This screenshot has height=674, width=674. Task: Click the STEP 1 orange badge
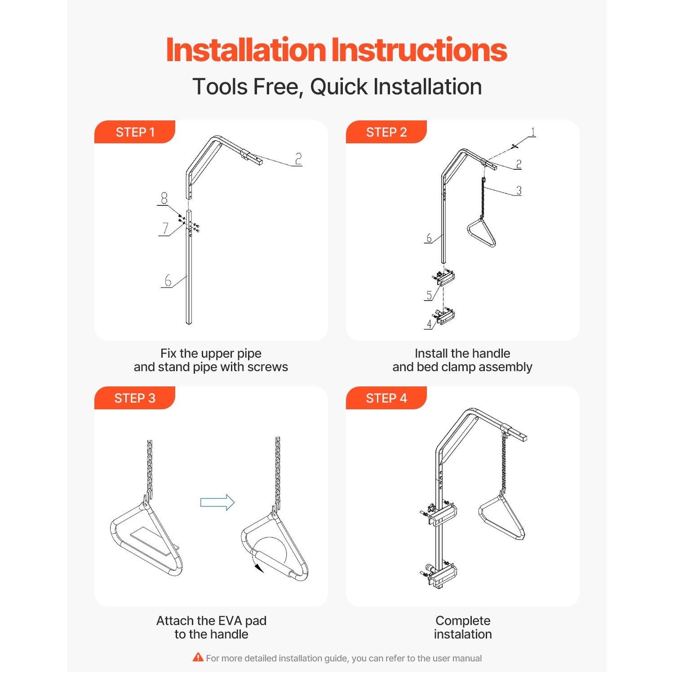135,132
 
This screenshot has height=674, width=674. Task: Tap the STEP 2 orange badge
386,132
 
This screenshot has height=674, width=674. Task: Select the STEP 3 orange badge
135,398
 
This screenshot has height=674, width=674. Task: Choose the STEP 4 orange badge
386,398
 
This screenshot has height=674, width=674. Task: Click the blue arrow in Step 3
217,502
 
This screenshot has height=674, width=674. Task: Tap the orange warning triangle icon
198,657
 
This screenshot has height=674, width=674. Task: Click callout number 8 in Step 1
164,198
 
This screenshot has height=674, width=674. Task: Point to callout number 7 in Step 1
165,228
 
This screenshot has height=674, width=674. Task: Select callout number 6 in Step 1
168,280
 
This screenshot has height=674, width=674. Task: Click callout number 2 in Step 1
298,159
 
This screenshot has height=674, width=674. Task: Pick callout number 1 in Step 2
533,132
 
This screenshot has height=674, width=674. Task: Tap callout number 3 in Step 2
519,190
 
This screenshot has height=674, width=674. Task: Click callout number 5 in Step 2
429,295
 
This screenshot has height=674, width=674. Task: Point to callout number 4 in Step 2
429,324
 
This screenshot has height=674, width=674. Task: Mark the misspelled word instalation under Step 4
463,634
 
